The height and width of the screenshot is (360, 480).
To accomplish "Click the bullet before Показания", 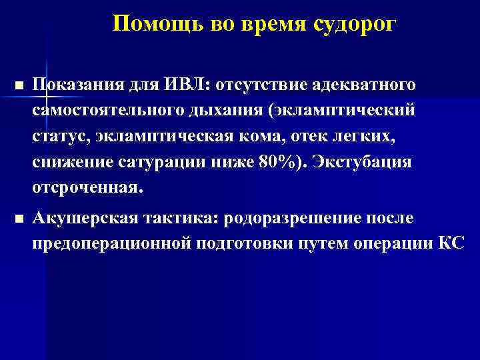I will coord(18,87).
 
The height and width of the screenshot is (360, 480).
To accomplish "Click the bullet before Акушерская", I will coord(18,219).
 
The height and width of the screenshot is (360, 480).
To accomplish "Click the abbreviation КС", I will coord(451,243).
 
